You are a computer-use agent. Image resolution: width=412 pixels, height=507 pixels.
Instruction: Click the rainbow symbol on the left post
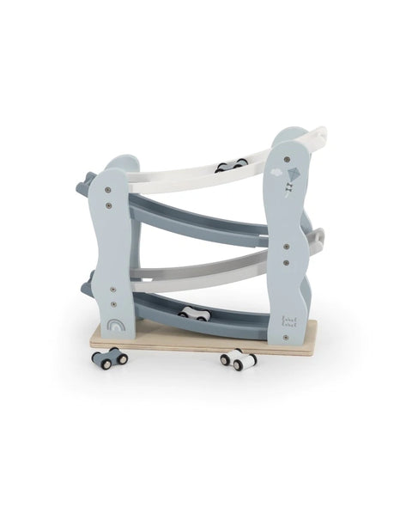116,327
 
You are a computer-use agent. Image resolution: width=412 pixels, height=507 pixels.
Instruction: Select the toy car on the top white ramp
231,165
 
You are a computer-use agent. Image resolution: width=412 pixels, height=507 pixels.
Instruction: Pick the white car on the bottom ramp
196,315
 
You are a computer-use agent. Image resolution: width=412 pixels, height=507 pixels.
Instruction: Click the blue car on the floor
110,357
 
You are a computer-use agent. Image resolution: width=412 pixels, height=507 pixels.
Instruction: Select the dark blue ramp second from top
197,219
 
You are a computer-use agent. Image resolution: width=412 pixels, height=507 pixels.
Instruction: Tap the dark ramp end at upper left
86,181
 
